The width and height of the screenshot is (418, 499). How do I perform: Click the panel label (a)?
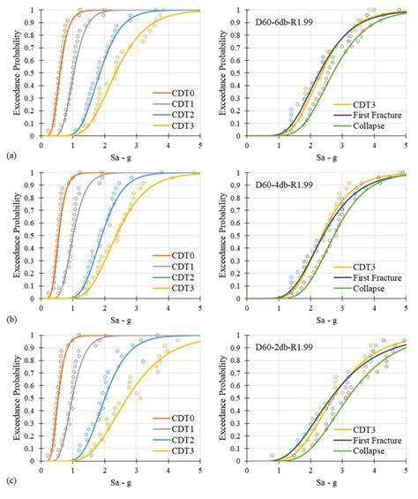[x=9, y=155]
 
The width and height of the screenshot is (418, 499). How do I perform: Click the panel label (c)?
[x=9, y=480]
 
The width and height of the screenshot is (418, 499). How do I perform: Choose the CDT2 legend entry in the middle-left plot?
[x=179, y=276]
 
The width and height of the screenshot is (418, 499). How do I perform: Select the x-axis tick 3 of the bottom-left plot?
[x=137, y=469]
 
